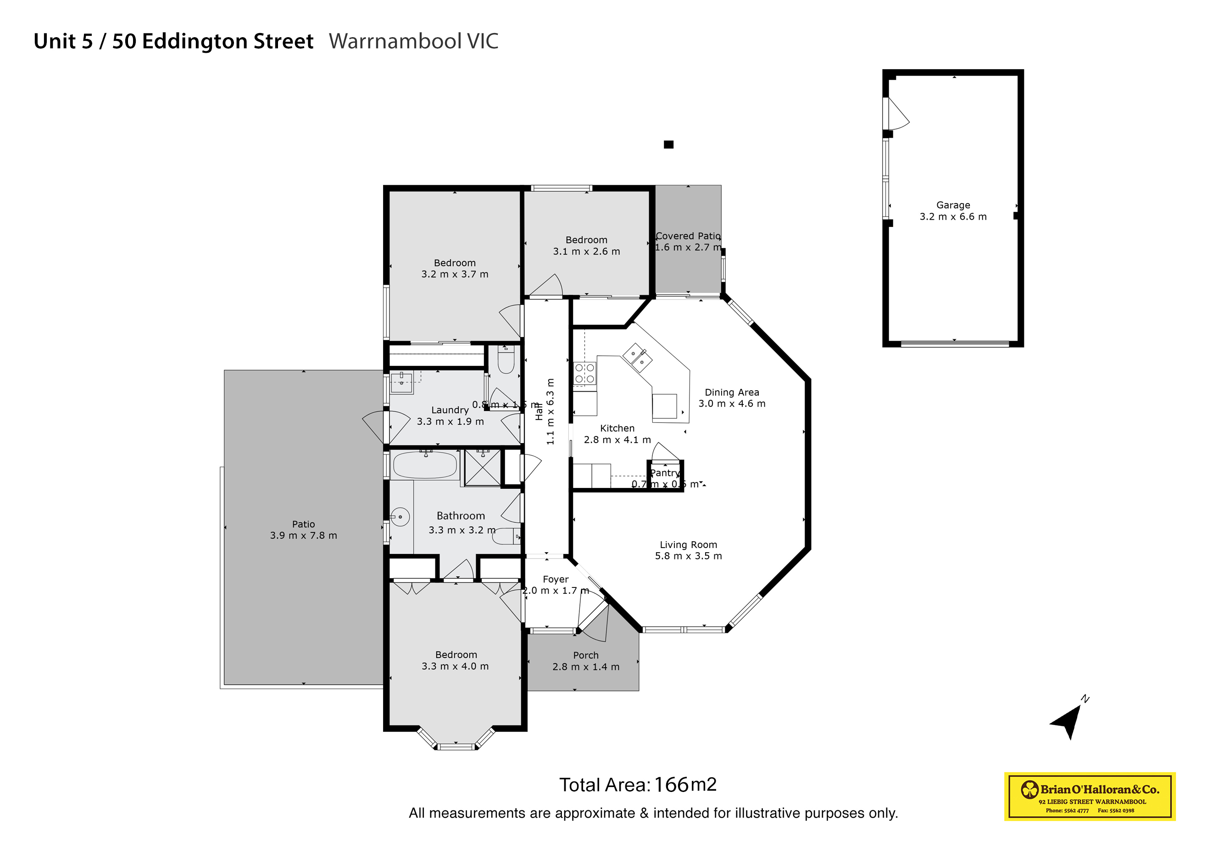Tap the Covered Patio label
pyautogui.click(x=688, y=236)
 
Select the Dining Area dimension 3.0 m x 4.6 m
pyautogui.click(x=732, y=404)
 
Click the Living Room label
pyautogui.click(x=688, y=544)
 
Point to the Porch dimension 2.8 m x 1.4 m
pyautogui.click(x=586, y=666)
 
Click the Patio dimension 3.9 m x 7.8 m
pyautogui.click(x=303, y=535)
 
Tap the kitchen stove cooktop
pyautogui.click(x=584, y=374)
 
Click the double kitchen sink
pyautogui.click(x=637, y=357)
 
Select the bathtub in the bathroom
pyautogui.click(x=425, y=465)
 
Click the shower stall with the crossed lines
pyautogui.click(x=483, y=468)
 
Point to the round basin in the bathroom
pyautogui.click(x=400, y=517)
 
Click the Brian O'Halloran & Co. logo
pyautogui.click(x=1089, y=795)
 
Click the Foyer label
pyautogui.click(x=556, y=579)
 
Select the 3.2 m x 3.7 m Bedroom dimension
pyautogui.click(x=455, y=274)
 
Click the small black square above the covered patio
pyautogui.click(x=668, y=144)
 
